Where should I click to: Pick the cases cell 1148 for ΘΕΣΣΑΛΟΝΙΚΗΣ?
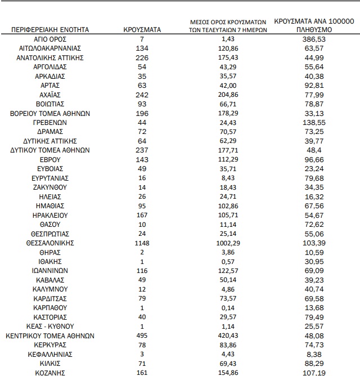(x=142, y=243)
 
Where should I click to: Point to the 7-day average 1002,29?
(x=228, y=243)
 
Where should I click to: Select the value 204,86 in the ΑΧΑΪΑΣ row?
(x=228, y=95)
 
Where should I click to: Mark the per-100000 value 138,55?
(x=314, y=122)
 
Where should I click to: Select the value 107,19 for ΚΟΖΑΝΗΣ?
(x=314, y=373)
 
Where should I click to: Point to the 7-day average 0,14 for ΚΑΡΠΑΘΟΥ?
(x=228, y=308)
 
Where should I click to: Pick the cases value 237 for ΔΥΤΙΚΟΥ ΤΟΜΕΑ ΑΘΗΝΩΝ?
(x=142, y=150)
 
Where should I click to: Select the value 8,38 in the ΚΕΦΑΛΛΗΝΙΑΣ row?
(x=314, y=354)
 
